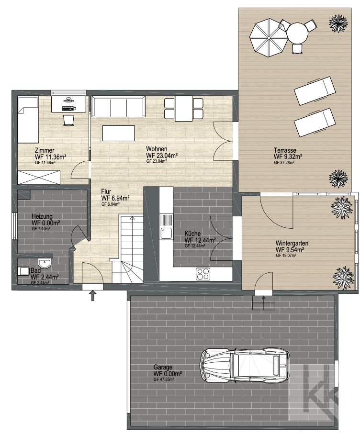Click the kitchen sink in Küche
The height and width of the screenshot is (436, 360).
(x=166, y=233)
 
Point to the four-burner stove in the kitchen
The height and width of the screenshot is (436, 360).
(x=203, y=274)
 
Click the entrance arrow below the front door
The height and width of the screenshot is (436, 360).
(x=93, y=296)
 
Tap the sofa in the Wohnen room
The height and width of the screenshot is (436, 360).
(x=119, y=107)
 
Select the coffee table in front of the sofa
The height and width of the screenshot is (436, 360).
(x=119, y=133)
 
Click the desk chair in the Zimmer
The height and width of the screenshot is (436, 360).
(x=69, y=120)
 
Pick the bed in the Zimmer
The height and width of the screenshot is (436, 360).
(x=28, y=120)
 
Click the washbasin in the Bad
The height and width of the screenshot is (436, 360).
(x=44, y=263)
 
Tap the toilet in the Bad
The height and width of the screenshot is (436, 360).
(x=24, y=271)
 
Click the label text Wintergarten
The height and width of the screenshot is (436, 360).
(x=292, y=243)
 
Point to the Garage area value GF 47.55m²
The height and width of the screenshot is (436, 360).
(x=164, y=379)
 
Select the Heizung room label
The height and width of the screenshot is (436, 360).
(x=42, y=216)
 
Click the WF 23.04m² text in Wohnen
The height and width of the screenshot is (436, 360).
(x=162, y=155)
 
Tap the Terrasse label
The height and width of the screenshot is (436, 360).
(x=285, y=150)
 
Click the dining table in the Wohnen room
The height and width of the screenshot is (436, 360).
(x=184, y=109)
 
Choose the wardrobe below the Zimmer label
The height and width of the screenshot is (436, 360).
(x=39, y=178)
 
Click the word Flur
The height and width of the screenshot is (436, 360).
(x=106, y=191)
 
